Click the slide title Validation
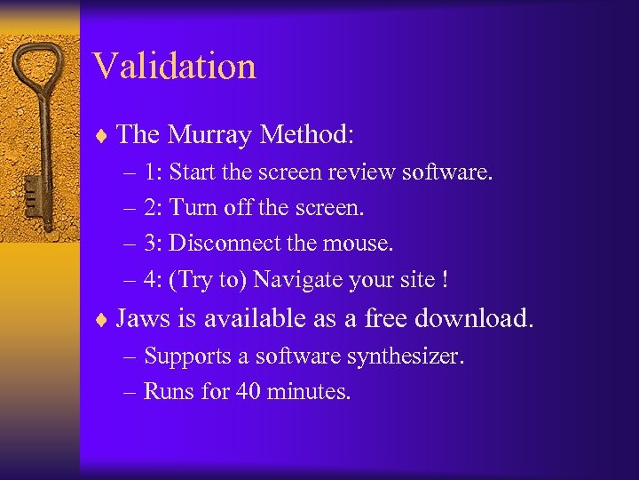tap(174, 66)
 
